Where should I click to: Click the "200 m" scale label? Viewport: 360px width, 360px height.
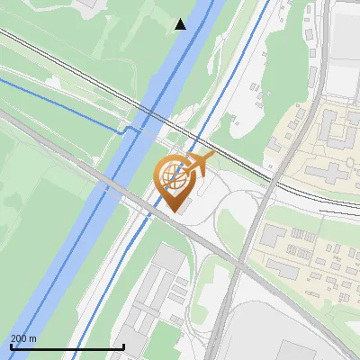(x=23, y=337)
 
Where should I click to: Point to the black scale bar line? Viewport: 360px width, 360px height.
(x=67, y=346)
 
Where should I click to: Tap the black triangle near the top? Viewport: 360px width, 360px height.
(x=181, y=24)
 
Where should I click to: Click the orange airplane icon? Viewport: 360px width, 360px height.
(x=198, y=165)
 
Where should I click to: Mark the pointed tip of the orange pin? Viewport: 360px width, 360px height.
(x=173, y=210)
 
